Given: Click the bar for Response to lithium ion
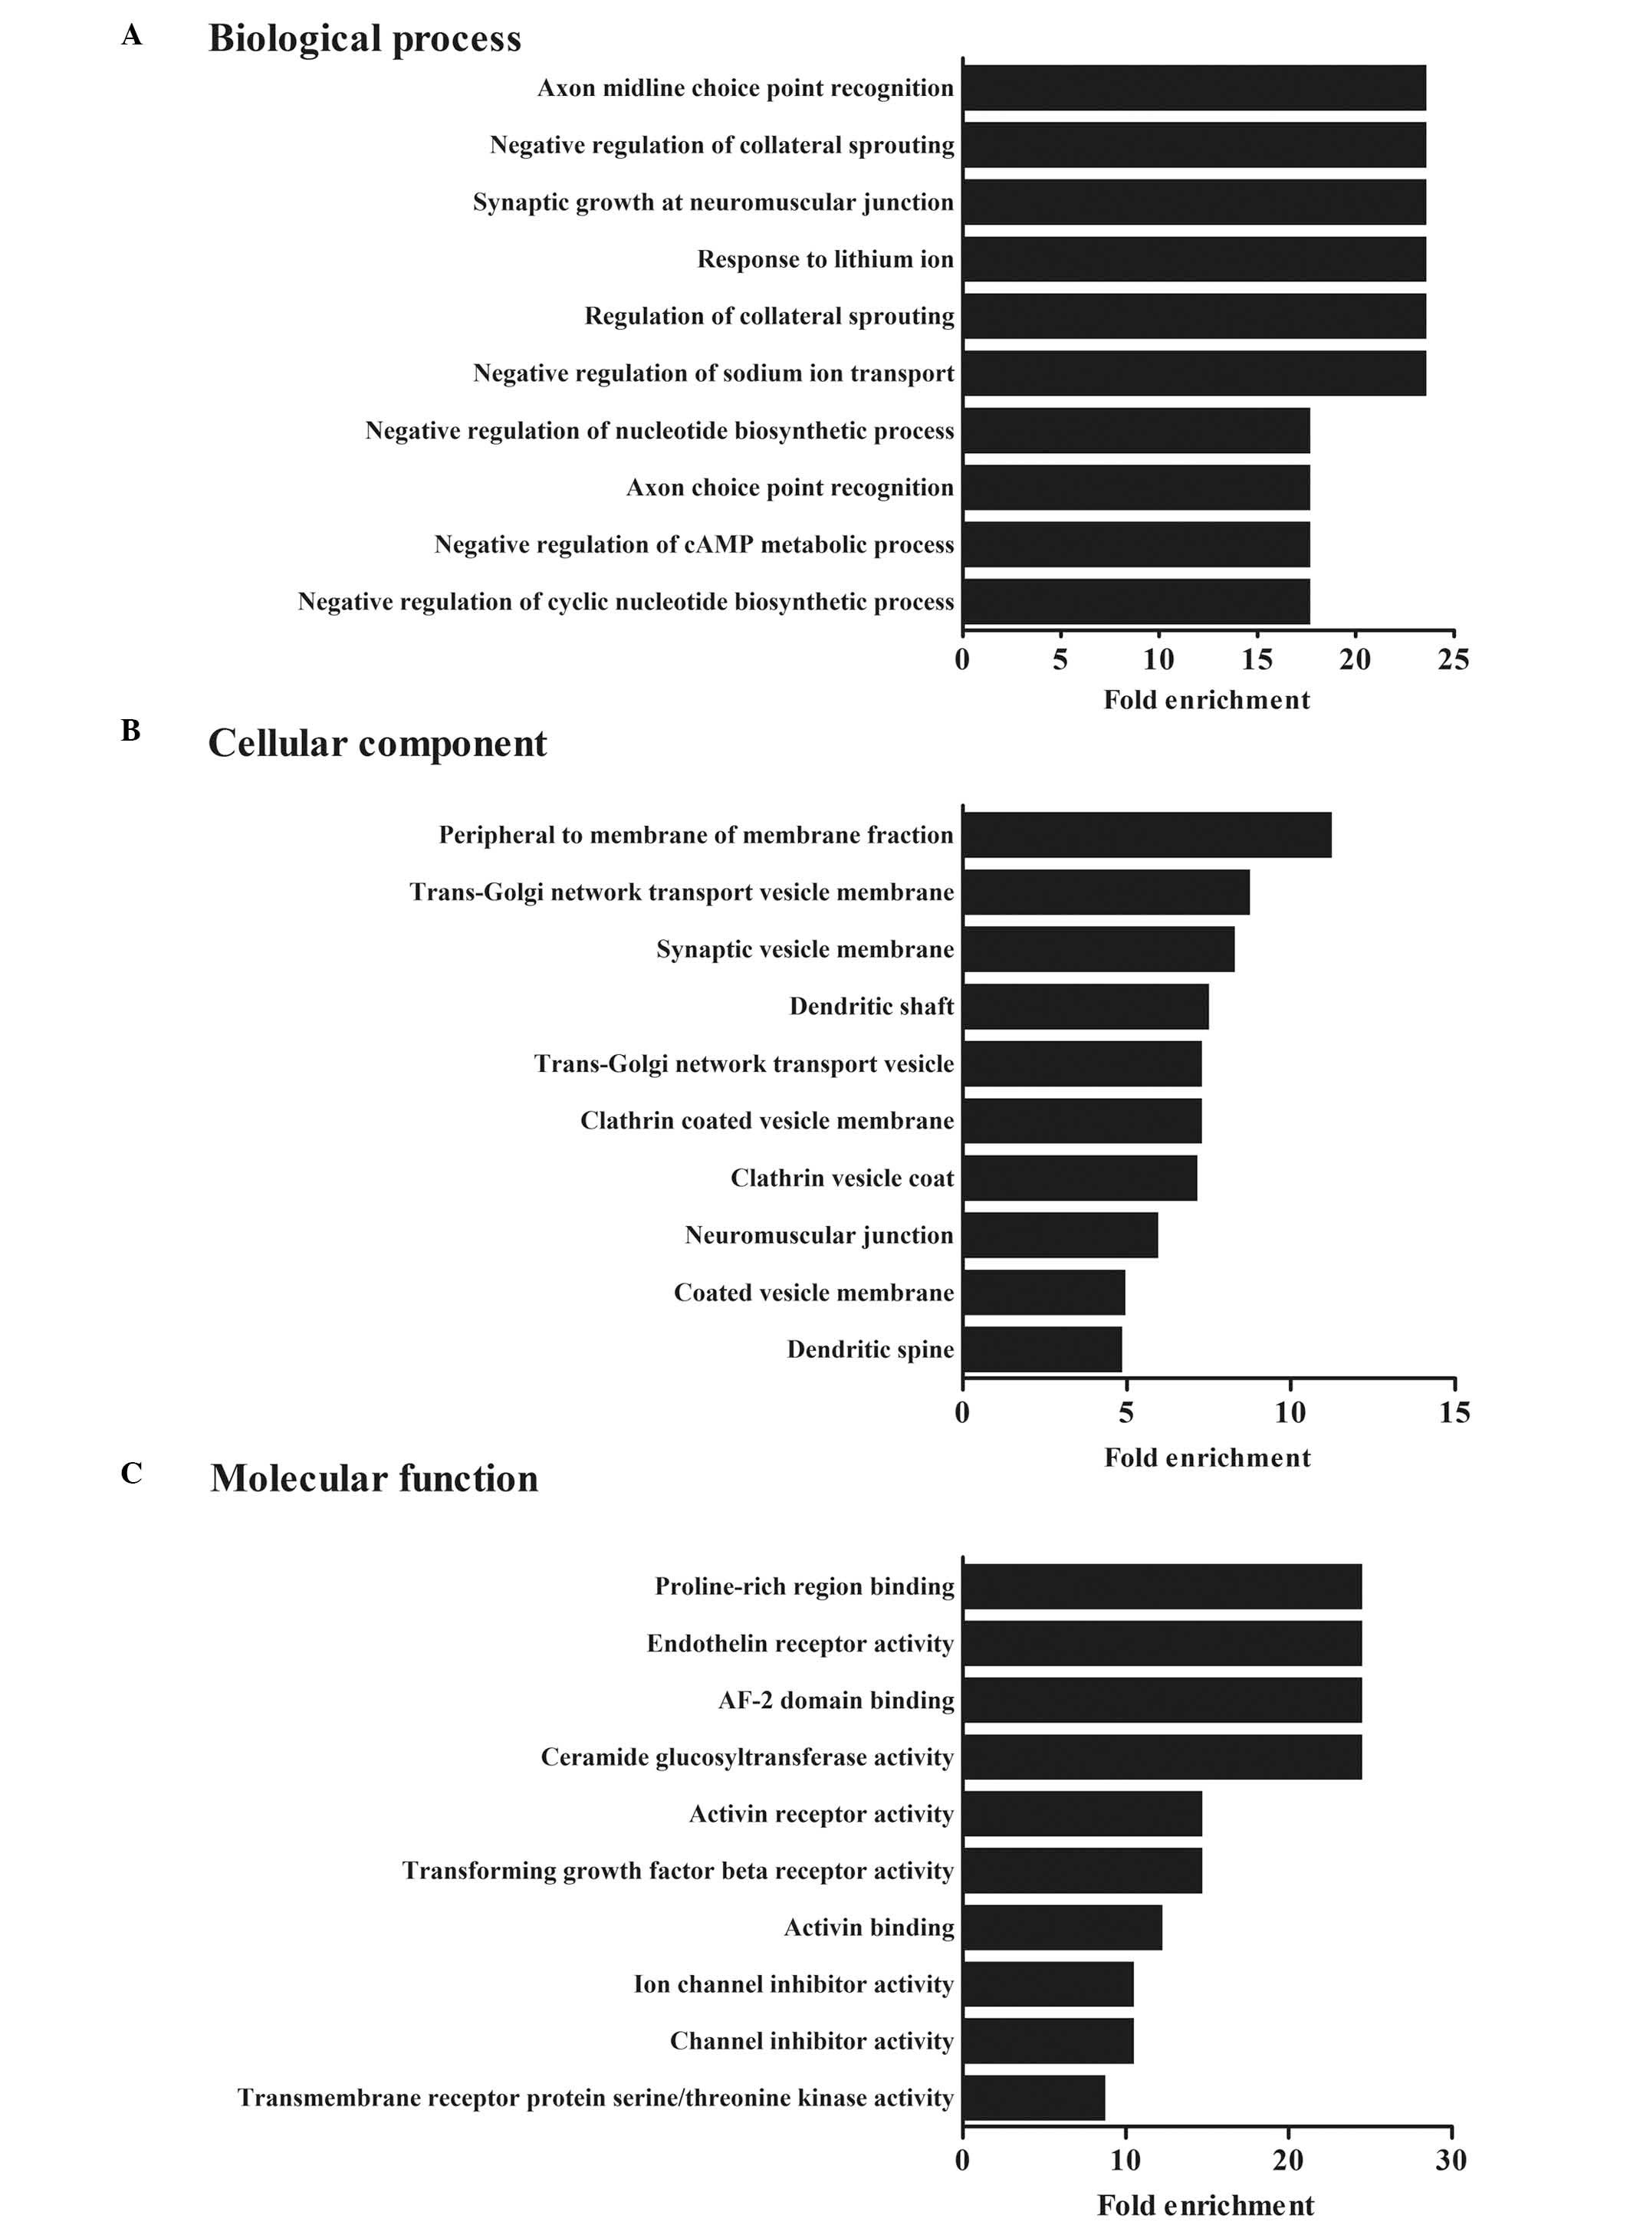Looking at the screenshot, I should click(1194, 259).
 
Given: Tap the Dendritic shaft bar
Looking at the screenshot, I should click(1086, 1007).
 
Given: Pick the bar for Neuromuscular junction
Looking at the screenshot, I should click(1060, 1235).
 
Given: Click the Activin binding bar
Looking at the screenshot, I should click(1063, 1927).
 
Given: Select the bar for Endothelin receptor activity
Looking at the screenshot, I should click(1162, 1643).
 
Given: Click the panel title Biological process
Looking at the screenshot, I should click(364, 38).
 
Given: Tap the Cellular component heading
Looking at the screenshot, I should click(377, 743).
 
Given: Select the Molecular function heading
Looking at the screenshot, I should click(374, 1478).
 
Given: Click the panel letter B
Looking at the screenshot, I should click(130, 731).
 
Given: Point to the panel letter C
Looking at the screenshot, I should click(131, 1473).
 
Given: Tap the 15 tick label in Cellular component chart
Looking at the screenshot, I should click(1454, 1413).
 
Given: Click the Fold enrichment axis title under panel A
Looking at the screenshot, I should click(1206, 699).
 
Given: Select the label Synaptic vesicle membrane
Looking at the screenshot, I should click(805, 949).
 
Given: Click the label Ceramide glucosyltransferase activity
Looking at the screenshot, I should click(747, 1757).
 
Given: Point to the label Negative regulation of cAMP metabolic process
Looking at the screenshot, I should click(694, 544).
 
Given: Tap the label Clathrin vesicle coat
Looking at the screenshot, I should click(842, 1178).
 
